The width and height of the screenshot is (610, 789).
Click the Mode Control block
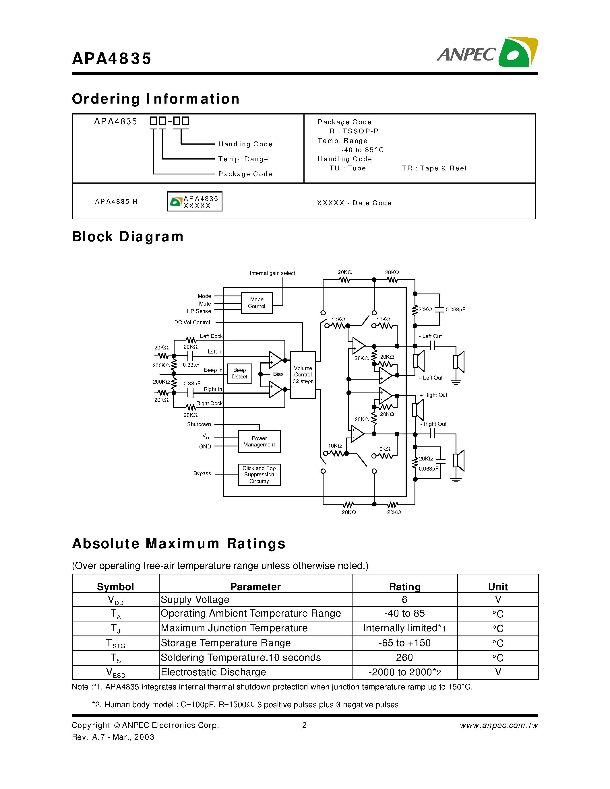click(257, 303)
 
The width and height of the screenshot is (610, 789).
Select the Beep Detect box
click(239, 373)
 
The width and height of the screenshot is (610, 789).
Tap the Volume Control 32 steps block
click(303, 375)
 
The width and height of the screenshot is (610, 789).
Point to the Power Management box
click(259, 442)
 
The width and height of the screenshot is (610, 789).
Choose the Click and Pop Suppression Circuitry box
click(259, 474)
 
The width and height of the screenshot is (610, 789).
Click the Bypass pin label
click(202, 473)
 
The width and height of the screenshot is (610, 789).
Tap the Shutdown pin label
click(199, 424)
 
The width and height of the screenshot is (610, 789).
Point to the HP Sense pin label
click(199, 311)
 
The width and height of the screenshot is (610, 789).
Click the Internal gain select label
click(272, 273)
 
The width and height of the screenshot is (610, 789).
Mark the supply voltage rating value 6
click(404, 600)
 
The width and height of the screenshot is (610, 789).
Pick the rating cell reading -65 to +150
click(404, 643)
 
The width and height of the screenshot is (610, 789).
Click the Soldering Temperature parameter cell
click(241, 658)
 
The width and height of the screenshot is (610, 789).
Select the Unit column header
click(497, 587)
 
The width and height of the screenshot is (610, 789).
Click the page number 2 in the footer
click(304, 725)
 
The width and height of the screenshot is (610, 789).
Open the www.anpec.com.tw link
click(499, 725)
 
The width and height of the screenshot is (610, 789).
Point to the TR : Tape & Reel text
click(434, 168)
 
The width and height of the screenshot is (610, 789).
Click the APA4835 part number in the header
click(112, 59)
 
